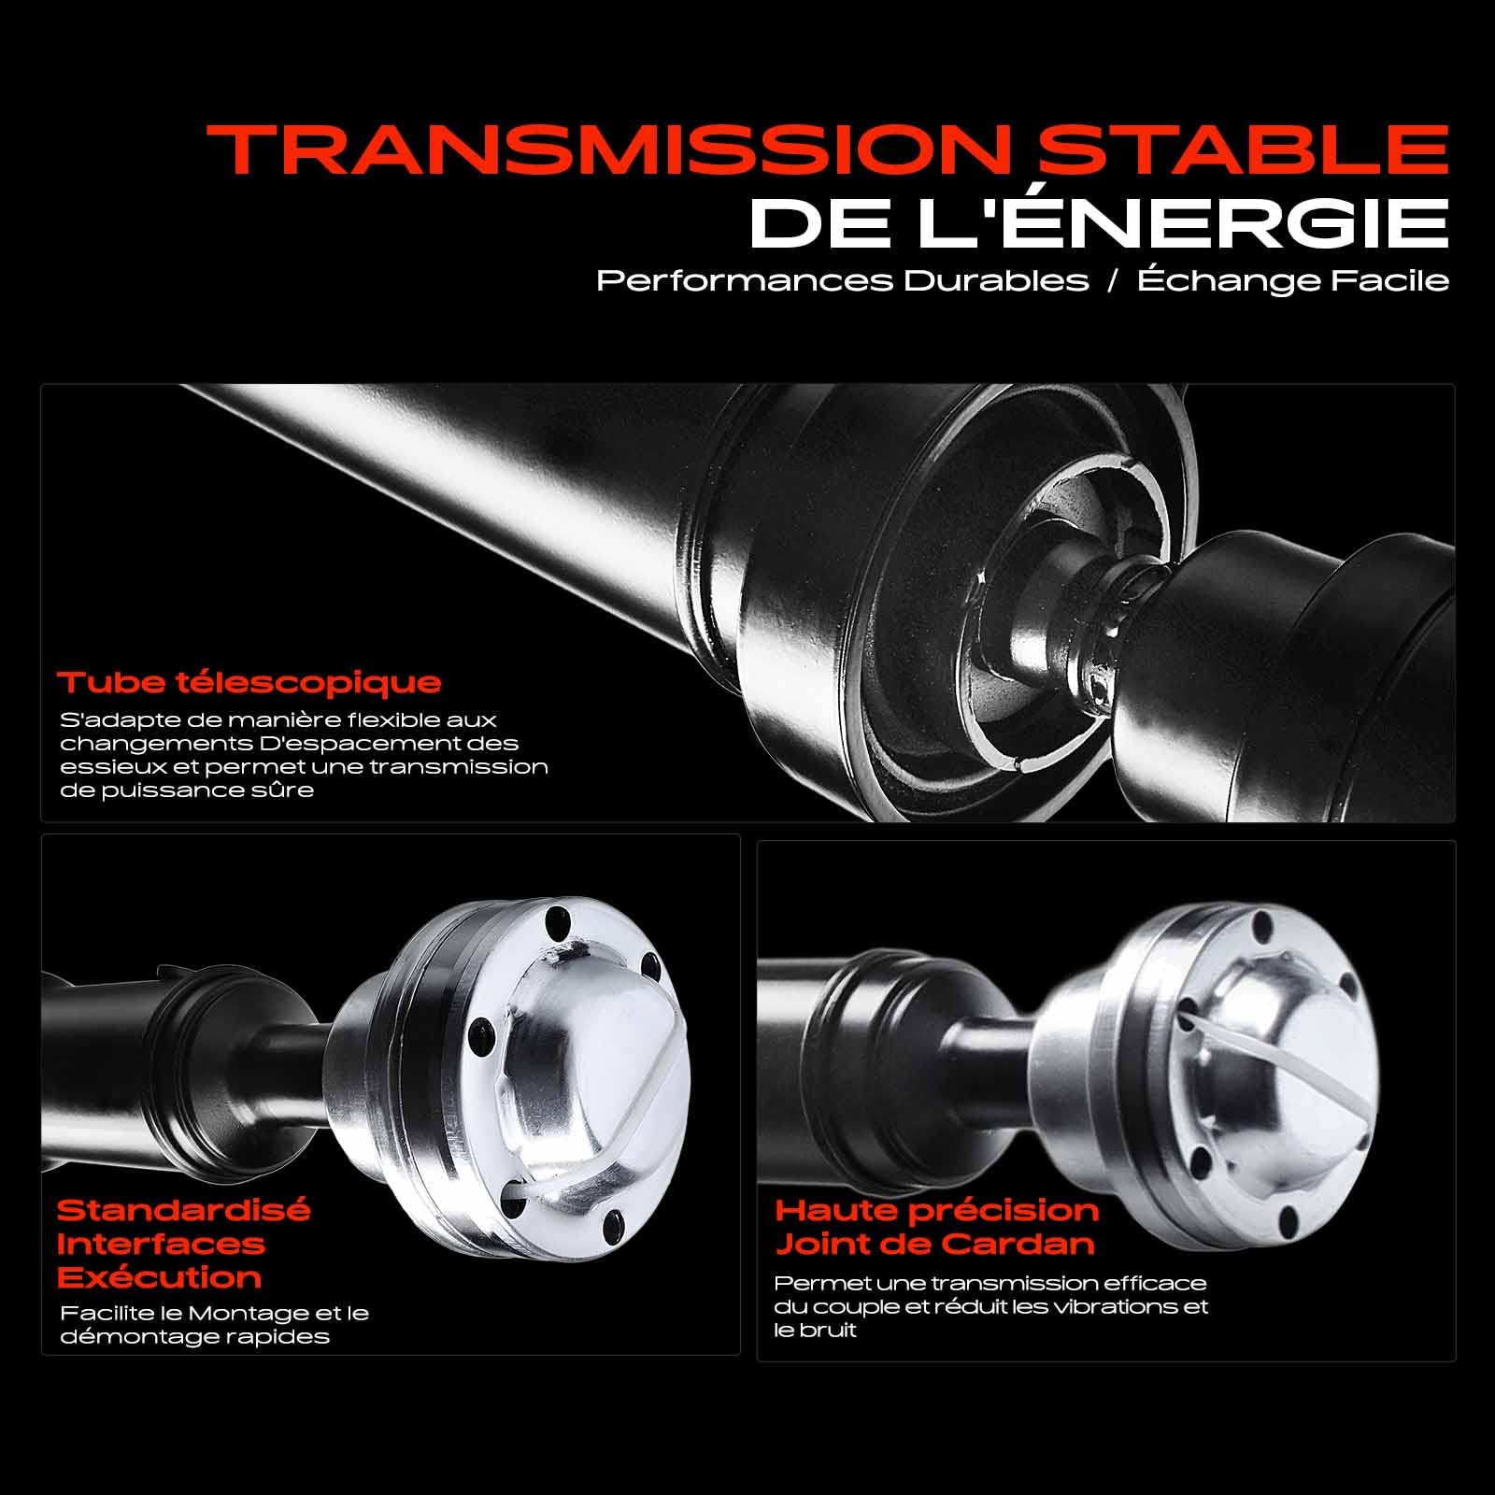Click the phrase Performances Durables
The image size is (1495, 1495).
(x=843, y=281)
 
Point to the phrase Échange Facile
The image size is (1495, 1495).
(x=1293, y=281)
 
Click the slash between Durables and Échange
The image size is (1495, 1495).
(x=1113, y=281)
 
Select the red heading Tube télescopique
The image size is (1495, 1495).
(x=249, y=682)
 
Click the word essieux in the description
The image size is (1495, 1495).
(x=97, y=767)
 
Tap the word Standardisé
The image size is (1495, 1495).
(x=183, y=1211)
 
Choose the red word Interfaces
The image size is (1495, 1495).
(x=161, y=1245)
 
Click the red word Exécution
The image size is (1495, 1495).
(x=159, y=1278)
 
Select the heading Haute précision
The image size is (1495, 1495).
(x=937, y=1211)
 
